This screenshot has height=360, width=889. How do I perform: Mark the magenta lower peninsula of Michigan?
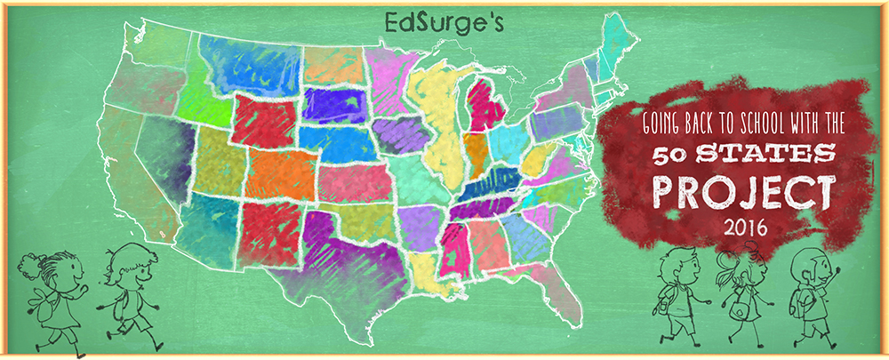[x=485, y=107]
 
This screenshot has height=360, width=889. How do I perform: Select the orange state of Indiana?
[x=477, y=151]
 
